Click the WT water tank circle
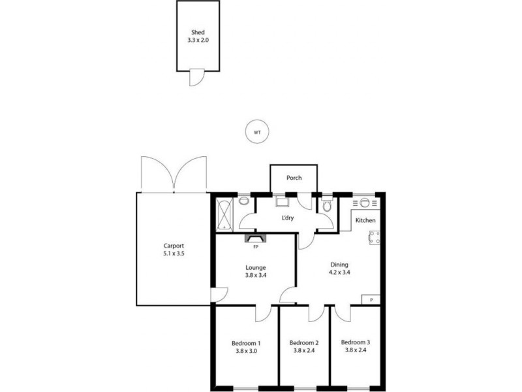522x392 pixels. (257, 133)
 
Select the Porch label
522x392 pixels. (294, 178)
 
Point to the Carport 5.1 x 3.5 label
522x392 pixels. (174, 250)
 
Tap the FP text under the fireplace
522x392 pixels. (255, 248)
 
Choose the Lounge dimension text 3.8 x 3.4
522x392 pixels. (255, 275)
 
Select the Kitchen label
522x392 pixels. (365, 220)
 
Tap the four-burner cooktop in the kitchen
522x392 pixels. (375, 238)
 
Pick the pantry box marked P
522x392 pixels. (371, 299)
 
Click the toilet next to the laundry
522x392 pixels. (327, 206)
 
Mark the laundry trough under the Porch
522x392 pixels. (282, 202)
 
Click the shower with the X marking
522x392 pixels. (224, 213)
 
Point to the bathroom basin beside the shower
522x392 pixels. (243, 202)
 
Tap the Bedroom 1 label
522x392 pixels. (246, 346)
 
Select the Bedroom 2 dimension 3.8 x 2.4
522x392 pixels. (304, 351)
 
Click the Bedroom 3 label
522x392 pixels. (356, 342)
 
